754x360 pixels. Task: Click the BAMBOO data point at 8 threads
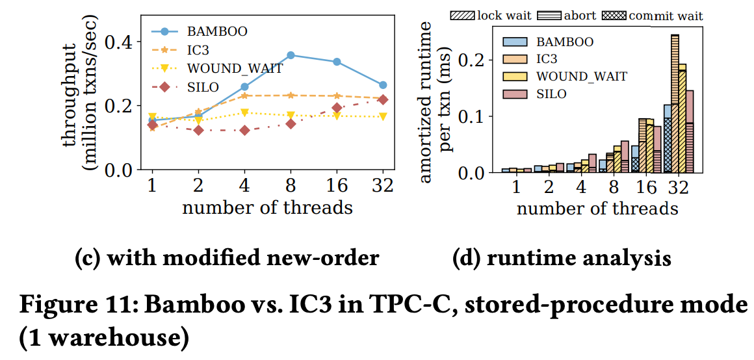click(x=291, y=55)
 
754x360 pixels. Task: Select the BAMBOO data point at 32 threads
click(x=383, y=85)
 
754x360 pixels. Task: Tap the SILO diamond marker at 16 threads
click(x=337, y=108)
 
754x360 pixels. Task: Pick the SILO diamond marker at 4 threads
click(x=244, y=130)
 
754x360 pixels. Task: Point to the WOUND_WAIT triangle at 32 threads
click(x=383, y=117)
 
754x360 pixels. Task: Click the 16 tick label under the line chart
click(x=337, y=186)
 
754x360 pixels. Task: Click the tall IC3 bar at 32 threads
click(x=675, y=104)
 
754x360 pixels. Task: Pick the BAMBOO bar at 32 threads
click(x=667, y=138)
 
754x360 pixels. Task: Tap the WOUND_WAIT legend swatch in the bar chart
click(x=517, y=77)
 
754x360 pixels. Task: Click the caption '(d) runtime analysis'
click(x=562, y=259)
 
